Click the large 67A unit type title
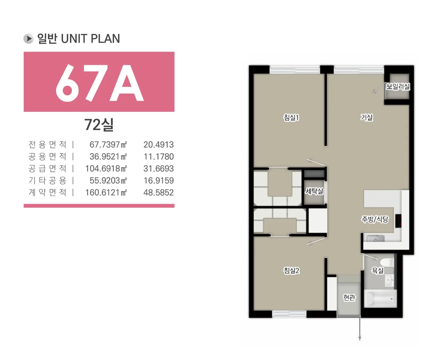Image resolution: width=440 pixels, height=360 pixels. pos(99,83)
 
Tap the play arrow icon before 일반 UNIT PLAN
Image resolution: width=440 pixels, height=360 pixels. pos(28,38)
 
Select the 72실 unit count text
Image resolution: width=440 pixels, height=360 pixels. pos(99,125)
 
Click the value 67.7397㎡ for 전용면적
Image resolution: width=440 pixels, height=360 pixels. pos(108,144)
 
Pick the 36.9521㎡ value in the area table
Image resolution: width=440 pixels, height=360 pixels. pos(108,157)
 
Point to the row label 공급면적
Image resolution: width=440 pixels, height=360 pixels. pos(47,169)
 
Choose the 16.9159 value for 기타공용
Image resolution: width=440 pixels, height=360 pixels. pos(158,181)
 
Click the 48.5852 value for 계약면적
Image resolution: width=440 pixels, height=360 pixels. pos(158,192)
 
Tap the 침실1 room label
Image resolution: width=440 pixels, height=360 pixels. pos(291,117)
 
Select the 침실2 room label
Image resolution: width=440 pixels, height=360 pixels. pos(291,271)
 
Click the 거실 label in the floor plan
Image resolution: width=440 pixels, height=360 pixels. pos(367,117)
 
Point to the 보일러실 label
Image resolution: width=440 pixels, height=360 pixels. pos(398,87)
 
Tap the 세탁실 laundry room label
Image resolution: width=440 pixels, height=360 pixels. pos(314,191)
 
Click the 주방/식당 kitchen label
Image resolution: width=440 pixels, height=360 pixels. pos(375,219)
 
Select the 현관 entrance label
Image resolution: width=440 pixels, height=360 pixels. pos(349,297)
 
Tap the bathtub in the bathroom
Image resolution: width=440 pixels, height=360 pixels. pos(381,298)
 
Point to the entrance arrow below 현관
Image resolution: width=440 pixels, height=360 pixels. pos(360,328)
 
